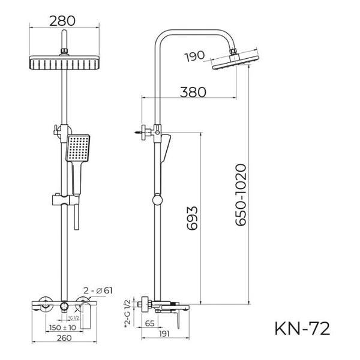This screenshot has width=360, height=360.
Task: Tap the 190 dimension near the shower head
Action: coord(196,56)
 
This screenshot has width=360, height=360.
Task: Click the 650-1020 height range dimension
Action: coord(241,194)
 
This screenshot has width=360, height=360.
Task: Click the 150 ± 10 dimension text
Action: coord(62,328)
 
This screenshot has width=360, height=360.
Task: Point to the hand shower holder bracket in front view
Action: coord(63,197)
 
